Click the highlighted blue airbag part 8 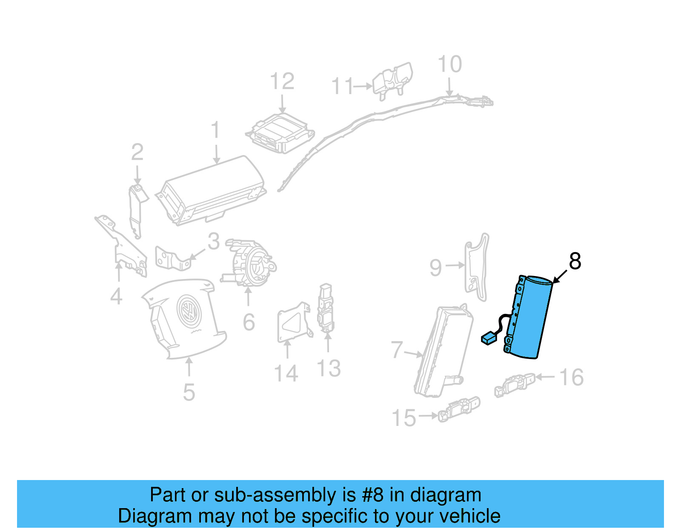tap(530, 317)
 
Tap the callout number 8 tap(575, 262)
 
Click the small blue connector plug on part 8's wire tap(489, 339)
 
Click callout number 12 tap(282, 81)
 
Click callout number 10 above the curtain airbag tap(449, 65)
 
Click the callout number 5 tap(189, 392)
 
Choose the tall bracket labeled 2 tap(136, 209)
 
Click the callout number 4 tap(116, 296)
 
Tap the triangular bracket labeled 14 tap(293, 323)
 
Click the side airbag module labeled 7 tap(443, 349)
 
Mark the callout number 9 tap(435, 268)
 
